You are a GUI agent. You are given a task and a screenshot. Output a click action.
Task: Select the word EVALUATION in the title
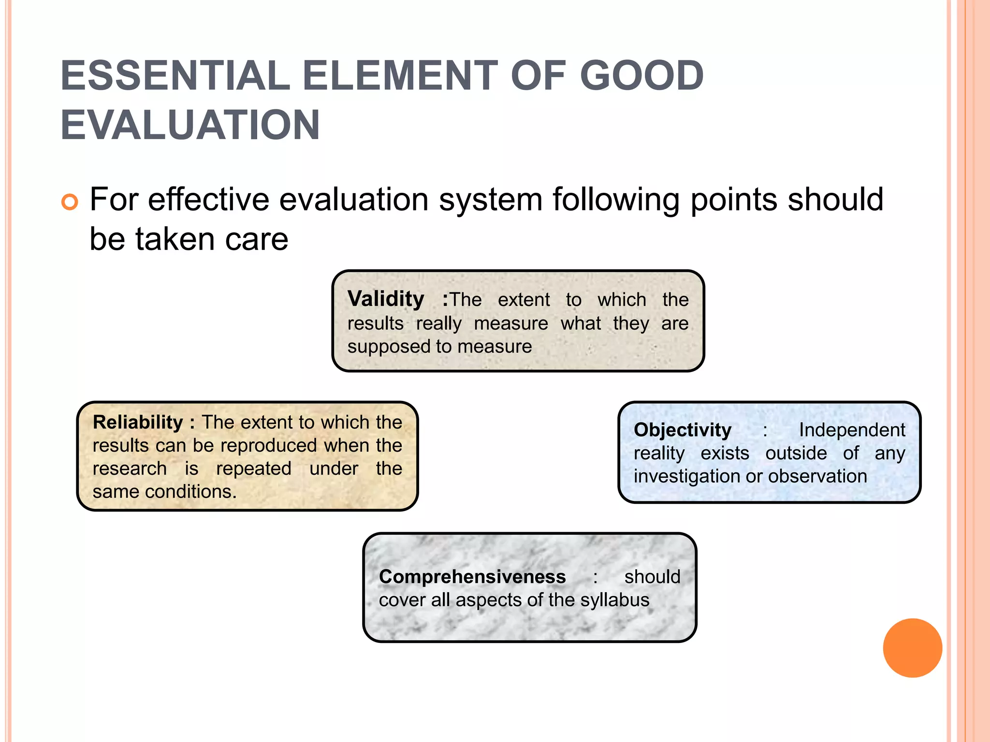[190, 125]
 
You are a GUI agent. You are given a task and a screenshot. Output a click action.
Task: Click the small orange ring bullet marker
[70, 201]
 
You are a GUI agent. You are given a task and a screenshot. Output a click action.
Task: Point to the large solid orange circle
[912, 648]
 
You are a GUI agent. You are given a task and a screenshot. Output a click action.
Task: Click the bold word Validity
[386, 299]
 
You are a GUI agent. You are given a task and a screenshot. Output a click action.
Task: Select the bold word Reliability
[138, 422]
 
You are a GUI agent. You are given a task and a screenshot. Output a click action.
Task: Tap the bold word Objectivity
[682, 430]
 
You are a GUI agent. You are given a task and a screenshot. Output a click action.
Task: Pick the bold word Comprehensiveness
[472, 577]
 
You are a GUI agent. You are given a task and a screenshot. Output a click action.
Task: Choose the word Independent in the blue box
[852, 430]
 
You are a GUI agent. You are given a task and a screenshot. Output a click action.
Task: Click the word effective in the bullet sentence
[208, 200]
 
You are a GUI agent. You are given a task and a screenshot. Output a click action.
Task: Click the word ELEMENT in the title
[400, 76]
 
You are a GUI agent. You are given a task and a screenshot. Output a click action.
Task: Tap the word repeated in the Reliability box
[253, 469]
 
